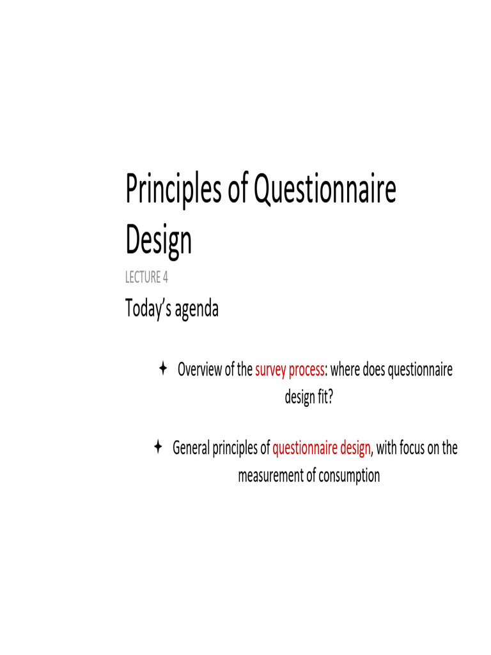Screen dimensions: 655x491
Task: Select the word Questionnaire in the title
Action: pyautogui.click(x=325, y=191)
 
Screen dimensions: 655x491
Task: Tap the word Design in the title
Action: pyautogui.click(x=159, y=240)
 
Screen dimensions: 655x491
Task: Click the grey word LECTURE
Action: pyautogui.click(x=141, y=278)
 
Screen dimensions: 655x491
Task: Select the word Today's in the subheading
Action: pyautogui.click(x=146, y=309)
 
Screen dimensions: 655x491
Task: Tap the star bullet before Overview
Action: pyautogui.click(x=162, y=368)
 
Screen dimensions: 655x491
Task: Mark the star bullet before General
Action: pyautogui.click(x=157, y=446)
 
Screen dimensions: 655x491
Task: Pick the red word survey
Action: pyautogui.click(x=270, y=370)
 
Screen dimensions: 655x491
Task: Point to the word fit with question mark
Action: pyautogui.click(x=325, y=397)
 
